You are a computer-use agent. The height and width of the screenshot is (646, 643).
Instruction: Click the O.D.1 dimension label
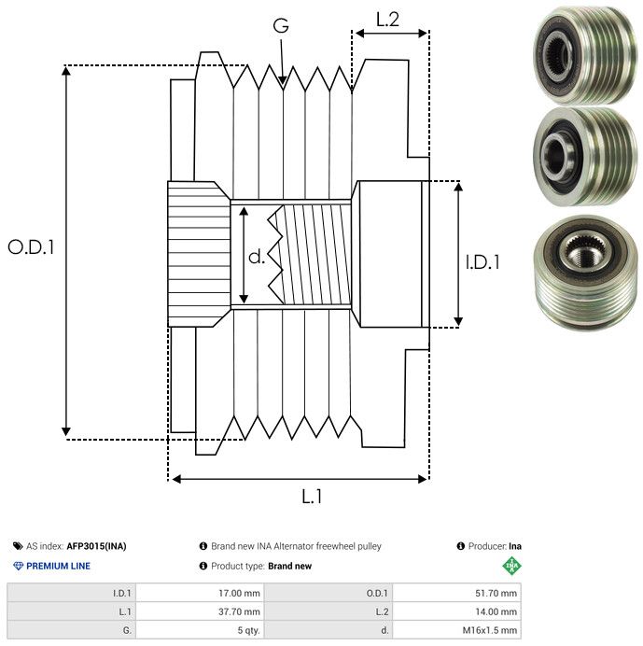[x=31, y=248]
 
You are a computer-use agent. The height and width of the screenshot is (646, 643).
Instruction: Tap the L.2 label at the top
[x=387, y=19]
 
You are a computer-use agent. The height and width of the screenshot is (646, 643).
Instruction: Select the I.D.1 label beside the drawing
[x=483, y=262]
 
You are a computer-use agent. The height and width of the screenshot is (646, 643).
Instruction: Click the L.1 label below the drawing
[x=312, y=497]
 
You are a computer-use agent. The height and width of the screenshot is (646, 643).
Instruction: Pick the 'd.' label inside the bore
[x=257, y=256]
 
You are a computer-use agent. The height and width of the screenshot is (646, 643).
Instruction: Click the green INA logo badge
[x=511, y=566]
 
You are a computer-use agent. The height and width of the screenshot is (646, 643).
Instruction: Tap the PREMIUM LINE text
[x=58, y=566]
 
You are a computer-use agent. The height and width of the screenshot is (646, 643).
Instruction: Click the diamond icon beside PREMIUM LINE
[x=18, y=566]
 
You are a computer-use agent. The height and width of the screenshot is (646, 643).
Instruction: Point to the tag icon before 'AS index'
[x=18, y=546]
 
